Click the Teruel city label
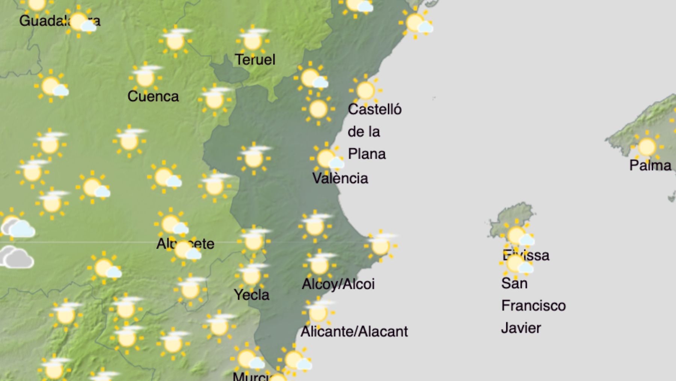point(255,59)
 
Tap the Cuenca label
point(153,96)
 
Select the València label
point(340,178)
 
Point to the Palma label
point(650,165)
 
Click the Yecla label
point(251,294)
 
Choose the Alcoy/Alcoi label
point(338,284)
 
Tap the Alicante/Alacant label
point(354,331)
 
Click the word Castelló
point(374,109)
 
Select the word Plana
point(367,154)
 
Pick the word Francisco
point(533,305)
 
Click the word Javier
point(521,328)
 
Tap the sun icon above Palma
point(647,147)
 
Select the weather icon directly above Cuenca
point(145,77)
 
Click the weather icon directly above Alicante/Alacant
point(318,312)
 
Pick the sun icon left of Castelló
point(318,109)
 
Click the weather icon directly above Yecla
point(251,275)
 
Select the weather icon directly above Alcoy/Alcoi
point(319,264)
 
